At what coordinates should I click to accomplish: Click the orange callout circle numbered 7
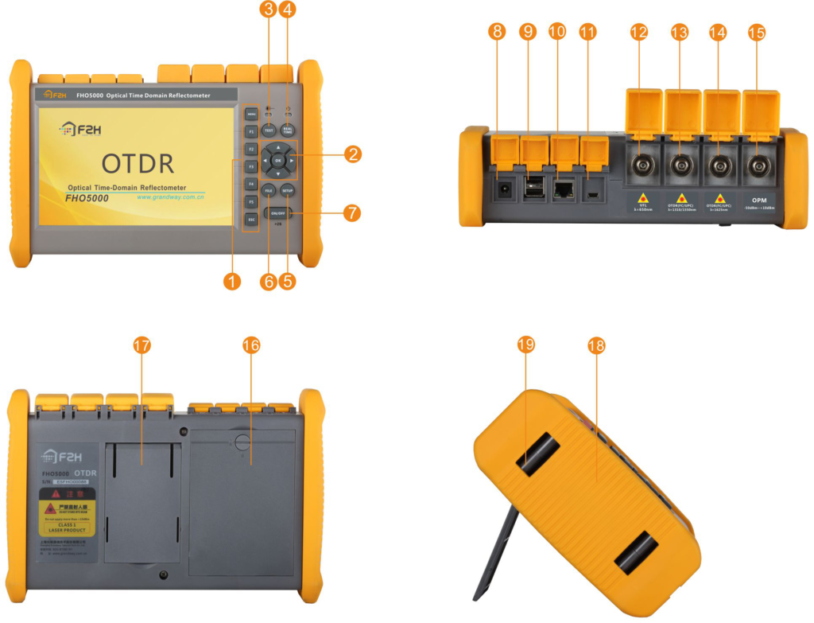coord(351,213)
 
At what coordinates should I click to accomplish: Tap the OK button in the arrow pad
coord(277,161)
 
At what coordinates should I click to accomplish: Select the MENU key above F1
coord(251,114)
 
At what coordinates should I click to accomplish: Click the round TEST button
coord(269,130)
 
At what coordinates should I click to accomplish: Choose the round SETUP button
coord(288,191)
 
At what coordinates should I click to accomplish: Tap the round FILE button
coord(269,191)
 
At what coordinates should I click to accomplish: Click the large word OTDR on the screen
coord(138,163)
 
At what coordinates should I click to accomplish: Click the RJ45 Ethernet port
coord(564,189)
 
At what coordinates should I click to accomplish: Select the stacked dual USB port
coord(534,189)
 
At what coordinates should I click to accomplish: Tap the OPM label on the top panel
coord(759,201)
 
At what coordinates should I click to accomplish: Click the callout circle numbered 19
coord(525,345)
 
